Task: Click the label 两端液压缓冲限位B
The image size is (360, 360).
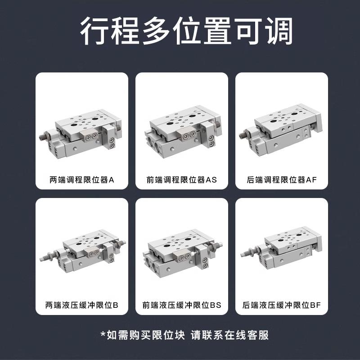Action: (82, 305)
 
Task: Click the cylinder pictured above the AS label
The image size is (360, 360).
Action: (182, 135)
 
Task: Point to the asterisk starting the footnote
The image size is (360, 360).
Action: (103, 335)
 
